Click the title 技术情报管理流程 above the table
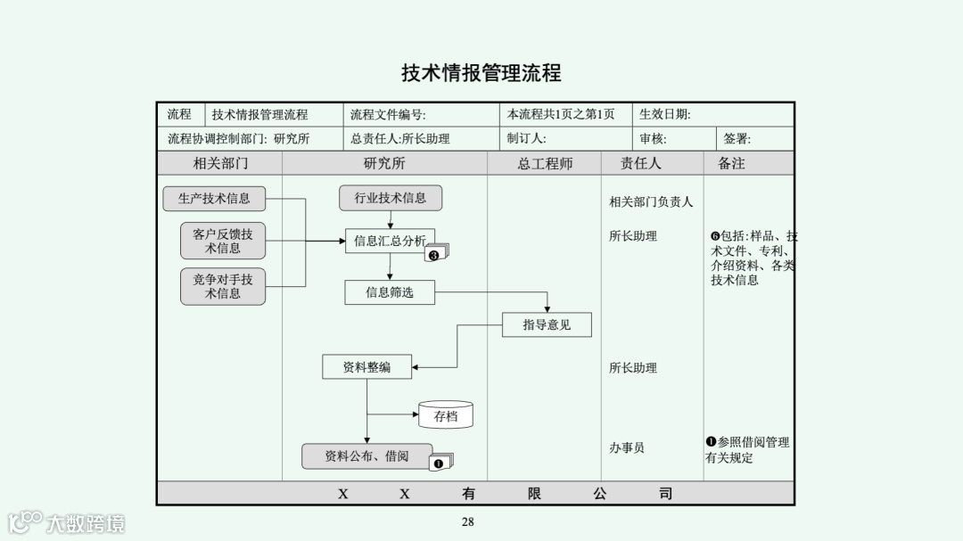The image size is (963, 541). click(481, 73)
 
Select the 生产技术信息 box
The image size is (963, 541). click(214, 199)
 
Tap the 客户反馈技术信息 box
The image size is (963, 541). click(223, 241)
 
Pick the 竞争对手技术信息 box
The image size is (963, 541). click(223, 286)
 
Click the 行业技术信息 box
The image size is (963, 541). click(391, 198)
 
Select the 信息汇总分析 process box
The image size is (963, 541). click(390, 241)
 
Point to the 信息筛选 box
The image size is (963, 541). click(390, 292)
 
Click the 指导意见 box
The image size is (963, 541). click(547, 325)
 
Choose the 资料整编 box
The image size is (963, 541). click(366, 366)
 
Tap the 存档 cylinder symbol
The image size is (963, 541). click(446, 415)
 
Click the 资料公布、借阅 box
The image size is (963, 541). click(366, 456)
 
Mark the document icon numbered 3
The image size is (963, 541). click(436, 254)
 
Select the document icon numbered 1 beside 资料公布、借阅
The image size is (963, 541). click(440, 463)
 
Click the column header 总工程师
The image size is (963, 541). click(545, 164)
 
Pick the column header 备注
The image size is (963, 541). click(731, 164)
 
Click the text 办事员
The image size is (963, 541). click(627, 448)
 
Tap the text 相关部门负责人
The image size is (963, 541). click(651, 202)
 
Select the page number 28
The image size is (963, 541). click(468, 522)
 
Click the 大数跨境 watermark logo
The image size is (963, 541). click(67, 522)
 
